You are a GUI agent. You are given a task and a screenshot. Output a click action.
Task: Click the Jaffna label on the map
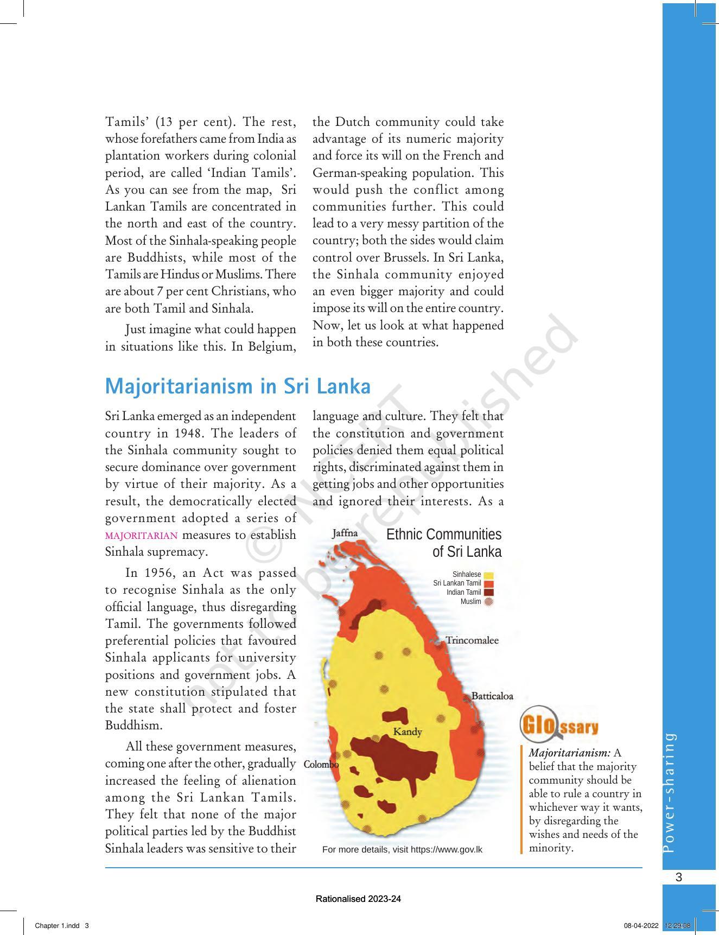(345, 533)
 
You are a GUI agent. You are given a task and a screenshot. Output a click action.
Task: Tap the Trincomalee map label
(472, 640)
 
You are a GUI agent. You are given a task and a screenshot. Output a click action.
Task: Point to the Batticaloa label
(492, 696)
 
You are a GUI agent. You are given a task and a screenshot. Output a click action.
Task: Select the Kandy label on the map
(407, 732)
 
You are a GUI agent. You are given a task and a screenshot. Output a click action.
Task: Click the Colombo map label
(321, 764)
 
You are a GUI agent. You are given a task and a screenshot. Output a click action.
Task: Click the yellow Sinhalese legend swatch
(488, 575)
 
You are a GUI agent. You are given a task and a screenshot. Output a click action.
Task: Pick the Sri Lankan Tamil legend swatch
(488, 583)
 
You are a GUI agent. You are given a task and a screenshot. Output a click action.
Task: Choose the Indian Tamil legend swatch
(488, 592)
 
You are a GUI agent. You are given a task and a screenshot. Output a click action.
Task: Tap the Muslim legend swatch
(488, 601)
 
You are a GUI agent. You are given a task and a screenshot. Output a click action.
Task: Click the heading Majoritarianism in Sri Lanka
(238, 386)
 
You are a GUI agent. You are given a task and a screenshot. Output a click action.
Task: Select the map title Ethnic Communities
(444, 535)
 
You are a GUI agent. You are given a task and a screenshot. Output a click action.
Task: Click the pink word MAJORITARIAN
(141, 536)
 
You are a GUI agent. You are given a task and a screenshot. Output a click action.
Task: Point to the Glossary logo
(559, 724)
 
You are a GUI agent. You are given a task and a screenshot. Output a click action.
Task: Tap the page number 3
(678, 877)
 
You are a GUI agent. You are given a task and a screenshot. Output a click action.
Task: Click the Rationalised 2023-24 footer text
(358, 899)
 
